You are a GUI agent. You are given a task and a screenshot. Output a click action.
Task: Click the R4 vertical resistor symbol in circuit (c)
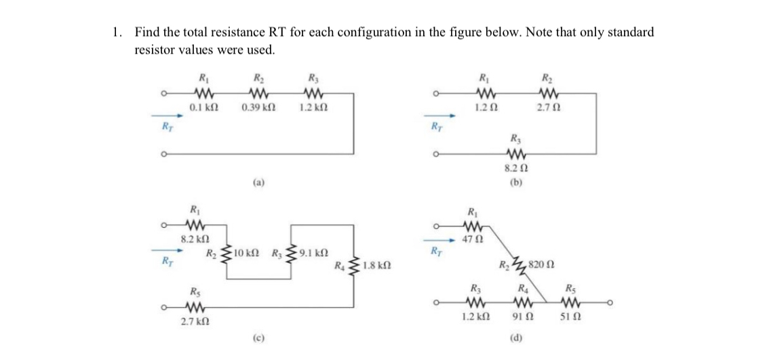[353, 266]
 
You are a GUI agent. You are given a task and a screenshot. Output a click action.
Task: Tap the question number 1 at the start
[117, 32]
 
